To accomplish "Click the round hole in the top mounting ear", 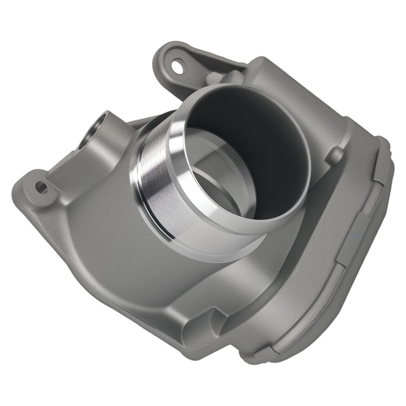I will (x=177, y=65).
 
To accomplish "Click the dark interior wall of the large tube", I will (x=260, y=134).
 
